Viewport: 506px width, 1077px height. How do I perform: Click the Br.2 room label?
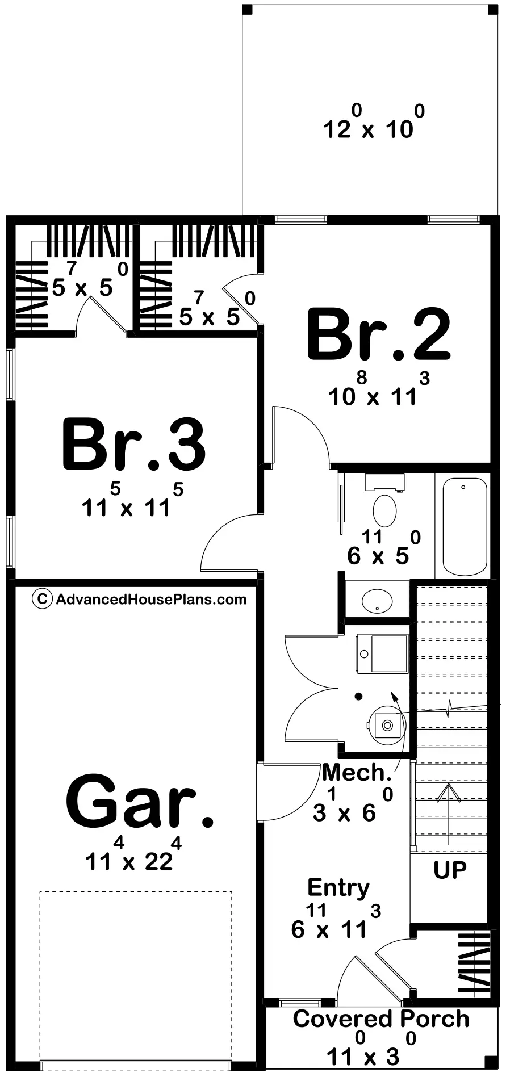[x=379, y=335]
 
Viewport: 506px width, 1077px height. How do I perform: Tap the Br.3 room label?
[x=134, y=445]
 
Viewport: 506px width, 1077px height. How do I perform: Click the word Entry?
[x=338, y=887]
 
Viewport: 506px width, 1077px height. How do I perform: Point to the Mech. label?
[x=357, y=772]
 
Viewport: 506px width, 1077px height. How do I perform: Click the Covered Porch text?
[x=381, y=1019]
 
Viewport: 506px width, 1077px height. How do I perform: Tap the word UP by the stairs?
[x=450, y=869]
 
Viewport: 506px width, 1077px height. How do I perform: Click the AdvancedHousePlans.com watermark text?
[x=151, y=599]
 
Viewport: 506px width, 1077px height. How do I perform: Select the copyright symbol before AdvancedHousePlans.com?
[x=42, y=599]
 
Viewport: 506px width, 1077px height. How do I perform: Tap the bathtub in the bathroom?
[x=465, y=526]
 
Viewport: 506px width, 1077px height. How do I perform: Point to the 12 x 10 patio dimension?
[x=374, y=122]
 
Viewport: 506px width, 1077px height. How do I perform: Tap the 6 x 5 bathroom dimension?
[x=384, y=548]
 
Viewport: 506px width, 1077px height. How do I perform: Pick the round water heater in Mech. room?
[x=387, y=725]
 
